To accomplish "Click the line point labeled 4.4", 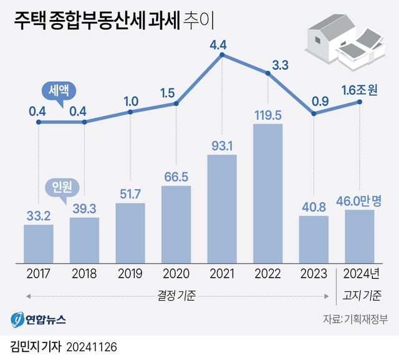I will [x=221, y=56].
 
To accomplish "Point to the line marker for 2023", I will [x=314, y=114].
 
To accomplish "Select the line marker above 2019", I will [x=130, y=112].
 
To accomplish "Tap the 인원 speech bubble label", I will [x=61, y=186].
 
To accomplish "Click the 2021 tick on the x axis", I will [x=221, y=274].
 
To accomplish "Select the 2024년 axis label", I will [x=360, y=274].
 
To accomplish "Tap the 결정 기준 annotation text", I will [x=176, y=294].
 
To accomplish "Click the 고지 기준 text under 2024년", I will [x=360, y=294].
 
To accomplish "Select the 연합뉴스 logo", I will [x=38, y=319].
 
